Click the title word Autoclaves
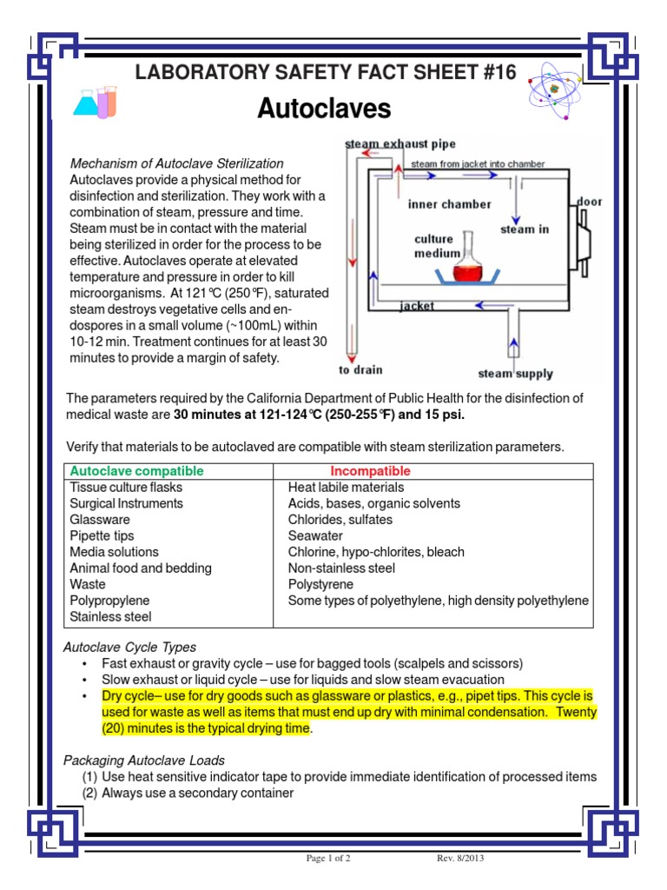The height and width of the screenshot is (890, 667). pyautogui.click(x=324, y=110)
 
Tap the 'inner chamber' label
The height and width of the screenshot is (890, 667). pyautogui.click(x=449, y=204)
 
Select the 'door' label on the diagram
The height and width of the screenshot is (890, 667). pyautogui.click(x=589, y=202)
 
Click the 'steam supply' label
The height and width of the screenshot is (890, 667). pyautogui.click(x=515, y=375)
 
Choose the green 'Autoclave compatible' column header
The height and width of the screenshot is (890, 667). pyautogui.click(x=136, y=471)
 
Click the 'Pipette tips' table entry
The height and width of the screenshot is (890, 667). pyautogui.click(x=102, y=535)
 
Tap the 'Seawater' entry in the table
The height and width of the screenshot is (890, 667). pyautogui.click(x=315, y=535)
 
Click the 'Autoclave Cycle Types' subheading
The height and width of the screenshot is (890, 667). pyautogui.click(x=130, y=648)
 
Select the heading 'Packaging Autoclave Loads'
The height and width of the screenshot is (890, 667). pyautogui.click(x=144, y=760)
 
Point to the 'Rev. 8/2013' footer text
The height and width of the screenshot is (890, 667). pyautogui.click(x=459, y=860)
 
